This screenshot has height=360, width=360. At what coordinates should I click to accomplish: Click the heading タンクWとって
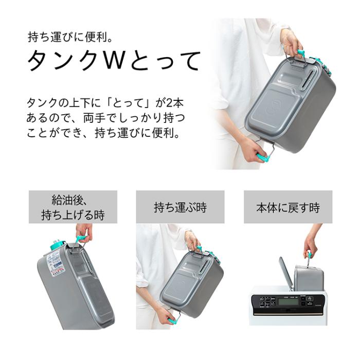click(x=114, y=61)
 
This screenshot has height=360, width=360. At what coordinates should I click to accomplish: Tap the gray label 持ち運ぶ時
click(x=180, y=207)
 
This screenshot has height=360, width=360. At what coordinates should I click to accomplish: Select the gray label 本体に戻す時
click(x=288, y=207)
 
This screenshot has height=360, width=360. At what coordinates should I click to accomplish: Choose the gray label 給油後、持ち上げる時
click(x=73, y=207)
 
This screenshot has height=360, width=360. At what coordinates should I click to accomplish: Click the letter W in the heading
click(x=113, y=61)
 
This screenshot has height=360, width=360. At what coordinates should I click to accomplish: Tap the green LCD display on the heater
click(x=289, y=301)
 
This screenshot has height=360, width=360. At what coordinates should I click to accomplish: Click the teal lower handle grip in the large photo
click(x=263, y=158)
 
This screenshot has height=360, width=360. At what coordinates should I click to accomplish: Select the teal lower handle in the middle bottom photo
click(x=173, y=321)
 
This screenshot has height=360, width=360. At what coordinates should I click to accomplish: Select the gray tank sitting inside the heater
click(x=309, y=277)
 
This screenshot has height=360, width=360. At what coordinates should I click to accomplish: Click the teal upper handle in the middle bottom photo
click(x=199, y=248)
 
